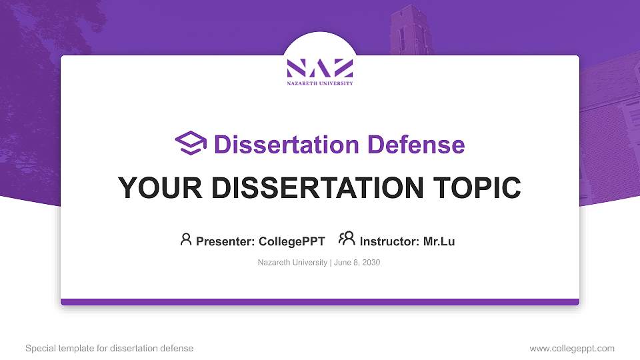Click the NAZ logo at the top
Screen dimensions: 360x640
click(x=319, y=68)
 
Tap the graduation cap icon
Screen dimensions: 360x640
click(x=191, y=144)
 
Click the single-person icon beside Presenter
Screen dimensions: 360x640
click(x=186, y=239)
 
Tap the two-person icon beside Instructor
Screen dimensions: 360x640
click(x=347, y=239)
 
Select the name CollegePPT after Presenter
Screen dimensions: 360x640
click(x=291, y=241)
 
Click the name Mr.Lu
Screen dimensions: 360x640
click(x=439, y=241)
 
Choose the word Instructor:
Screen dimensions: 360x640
click(x=389, y=241)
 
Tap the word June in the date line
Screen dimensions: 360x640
click(x=342, y=263)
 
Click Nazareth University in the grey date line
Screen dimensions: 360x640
click(x=292, y=263)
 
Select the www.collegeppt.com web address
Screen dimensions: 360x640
click(x=572, y=348)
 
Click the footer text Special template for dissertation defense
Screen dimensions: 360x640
click(x=109, y=348)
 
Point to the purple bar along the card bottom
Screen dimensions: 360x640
click(x=320, y=302)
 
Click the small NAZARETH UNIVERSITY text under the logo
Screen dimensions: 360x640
click(x=319, y=83)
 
